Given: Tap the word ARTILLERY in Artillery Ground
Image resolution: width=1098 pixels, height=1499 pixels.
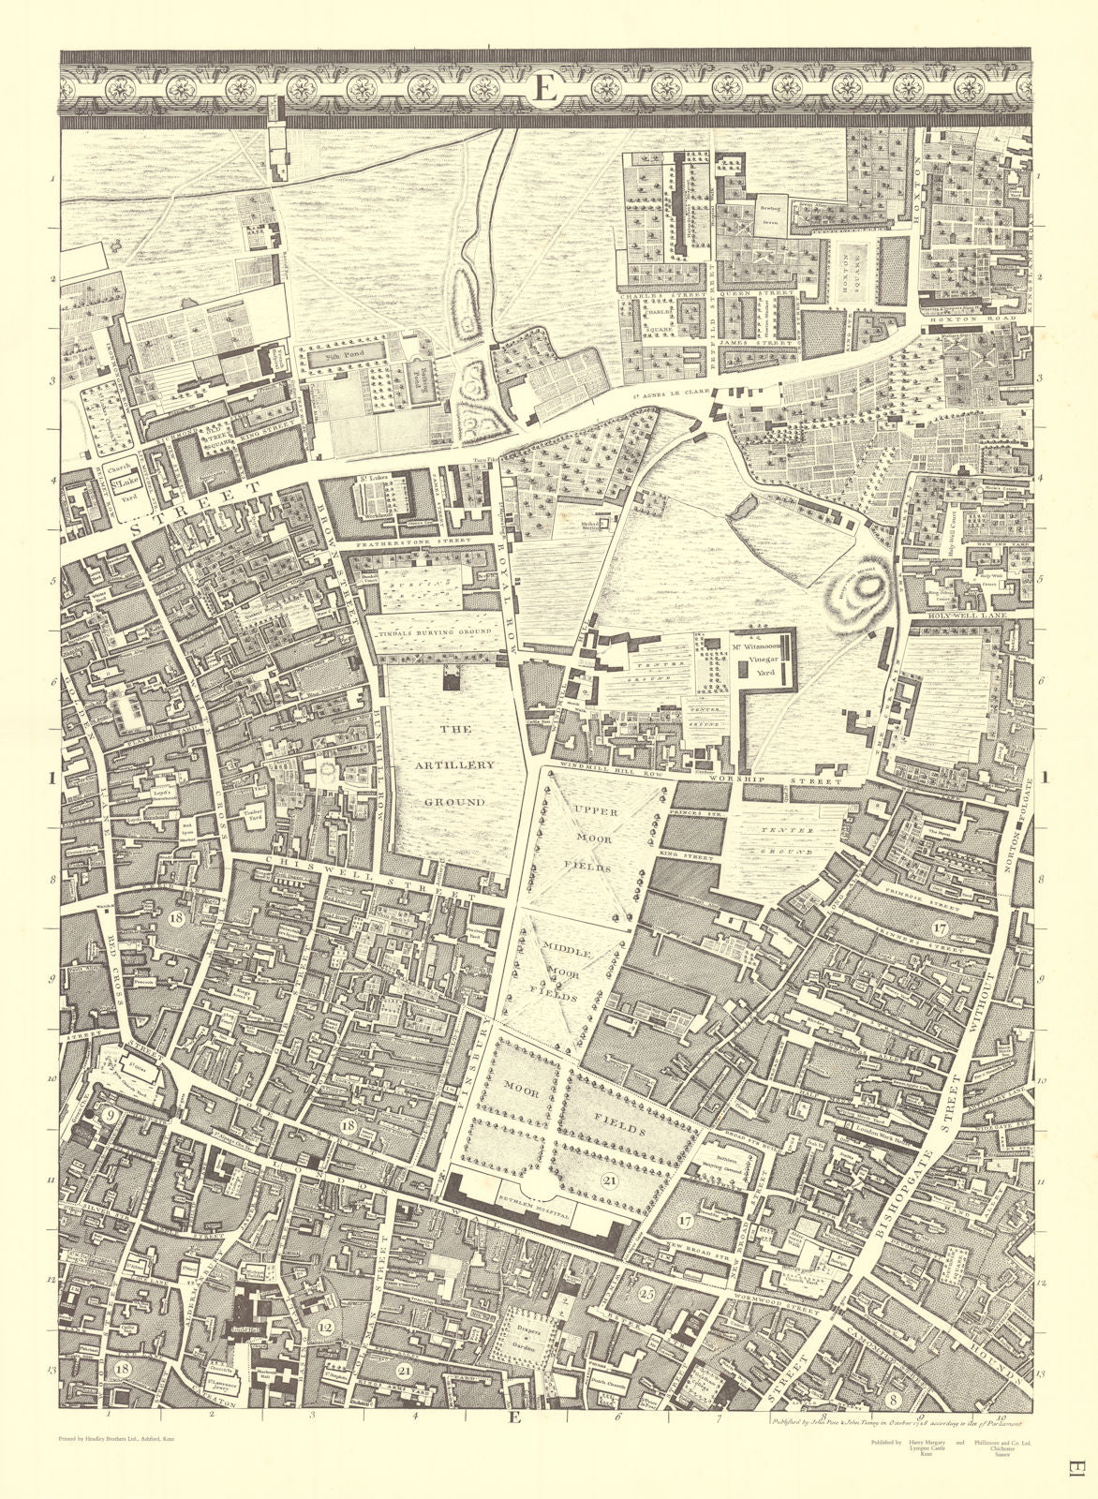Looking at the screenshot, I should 454,764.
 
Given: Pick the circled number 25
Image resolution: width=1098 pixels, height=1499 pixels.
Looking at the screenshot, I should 645,1296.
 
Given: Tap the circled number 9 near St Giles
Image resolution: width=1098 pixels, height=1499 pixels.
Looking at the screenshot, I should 110,1116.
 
